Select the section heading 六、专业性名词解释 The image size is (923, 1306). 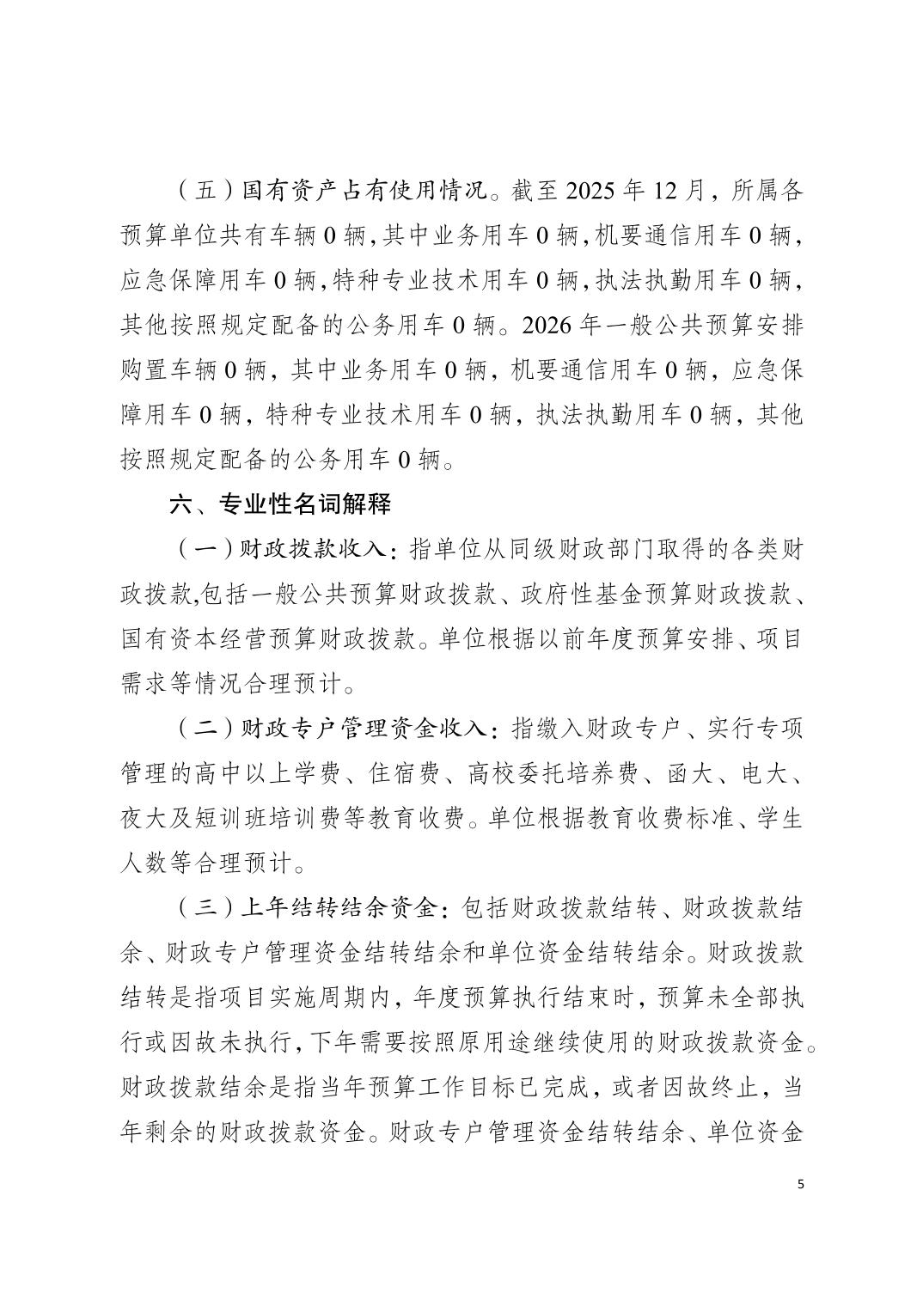tap(281, 504)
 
